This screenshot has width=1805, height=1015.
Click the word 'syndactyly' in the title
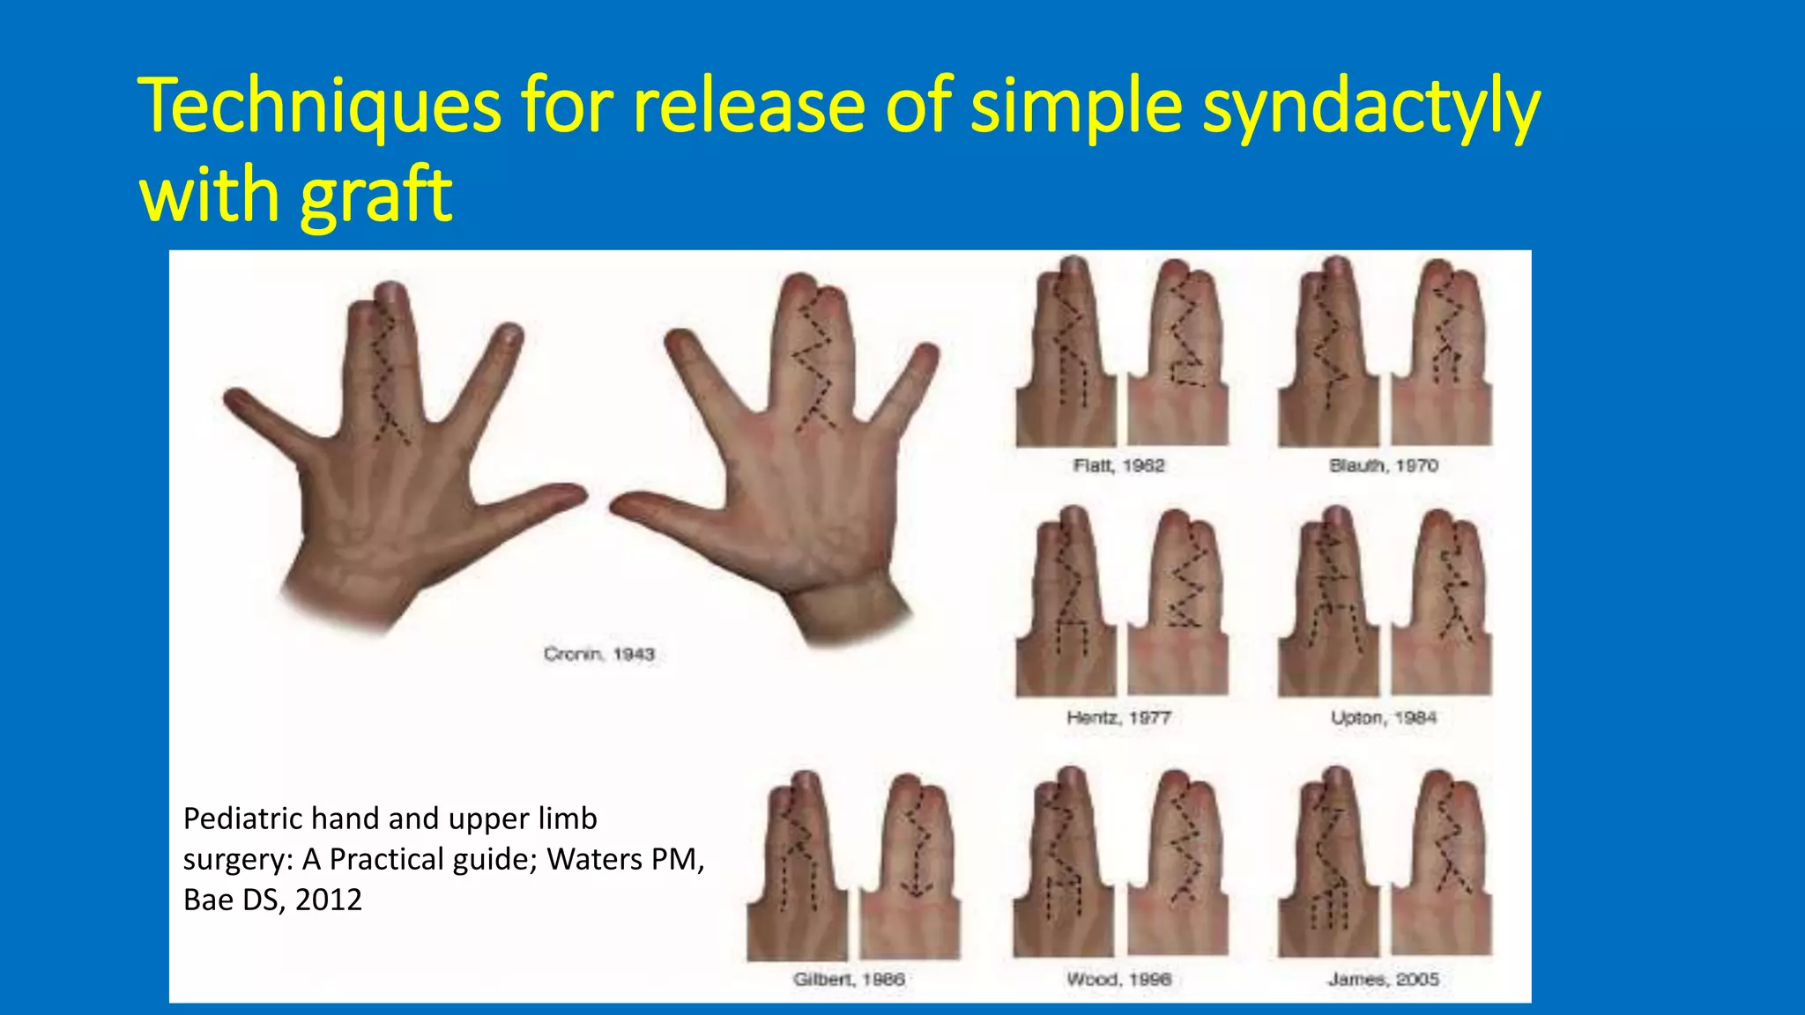click(1370, 107)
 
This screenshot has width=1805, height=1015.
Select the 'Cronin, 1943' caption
click(598, 654)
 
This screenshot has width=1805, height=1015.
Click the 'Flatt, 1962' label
click(1118, 465)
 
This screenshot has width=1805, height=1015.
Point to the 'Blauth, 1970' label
click(1383, 465)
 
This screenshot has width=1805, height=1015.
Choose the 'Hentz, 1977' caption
click(1118, 717)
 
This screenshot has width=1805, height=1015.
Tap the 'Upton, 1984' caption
click(1383, 717)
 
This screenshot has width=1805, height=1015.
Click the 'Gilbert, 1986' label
click(848, 979)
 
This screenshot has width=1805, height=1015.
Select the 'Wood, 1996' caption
click(1118, 979)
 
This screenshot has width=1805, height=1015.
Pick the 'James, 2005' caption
click(1383, 979)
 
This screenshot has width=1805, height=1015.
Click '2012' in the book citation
click(329, 900)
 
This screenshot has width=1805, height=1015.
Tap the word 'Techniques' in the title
click(319, 107)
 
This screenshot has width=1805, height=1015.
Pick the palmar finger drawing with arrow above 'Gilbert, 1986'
click(910, 868)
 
